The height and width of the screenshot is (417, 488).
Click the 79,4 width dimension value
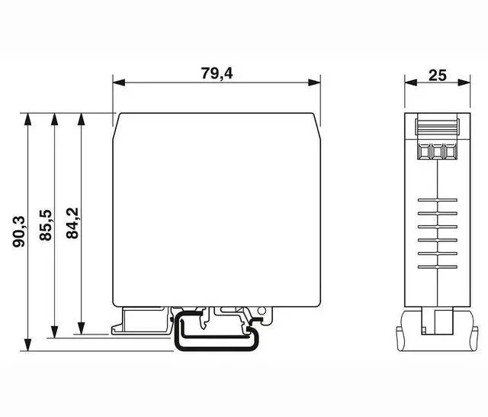[217, 73]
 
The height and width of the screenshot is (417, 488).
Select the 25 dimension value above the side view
[437, 75]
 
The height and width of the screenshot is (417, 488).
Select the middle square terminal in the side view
[437, 151]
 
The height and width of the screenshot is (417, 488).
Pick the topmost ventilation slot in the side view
[437, 200]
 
